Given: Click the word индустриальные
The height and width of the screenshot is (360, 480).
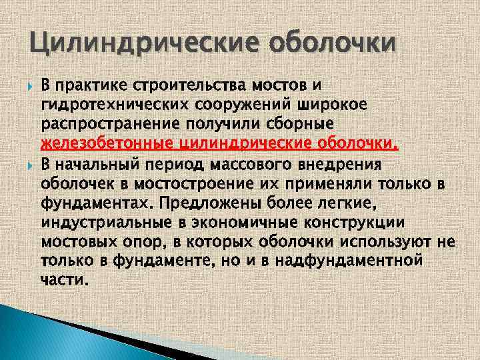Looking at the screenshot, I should [107, 221].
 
